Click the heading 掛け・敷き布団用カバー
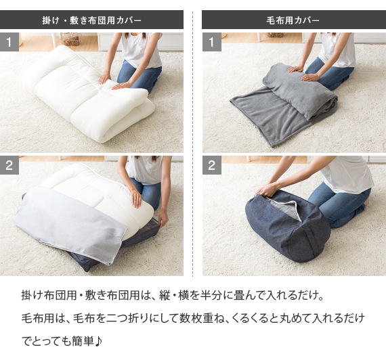(x=91, y=20)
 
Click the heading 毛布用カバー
(x=293, y=20)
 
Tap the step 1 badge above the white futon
(x=9, y=42)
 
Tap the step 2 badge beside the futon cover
(x=9, y=165)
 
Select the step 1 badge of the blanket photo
(x=212, y=42)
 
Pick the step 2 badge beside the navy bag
(x=212, y=165)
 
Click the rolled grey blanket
(x=300, y=91)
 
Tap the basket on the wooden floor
(x=71, y=39)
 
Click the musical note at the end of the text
(x=98, y=341)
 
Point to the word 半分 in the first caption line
(x=211, y=295)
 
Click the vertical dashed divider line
(x=192, y=143)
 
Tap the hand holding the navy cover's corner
(x=163, y=219)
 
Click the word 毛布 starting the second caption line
(x=33, y=318)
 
